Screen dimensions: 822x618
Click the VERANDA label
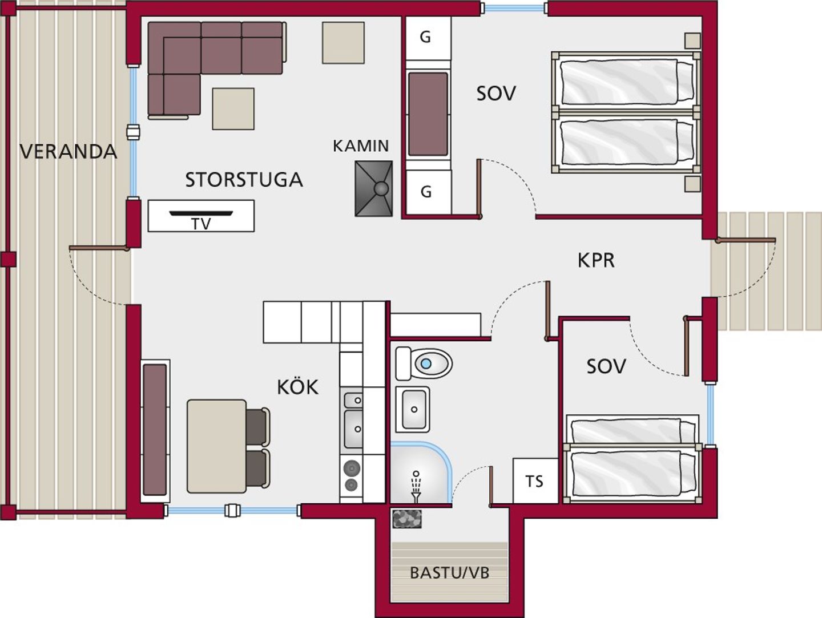click(68, 152)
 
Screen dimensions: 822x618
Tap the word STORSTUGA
click(244, 180)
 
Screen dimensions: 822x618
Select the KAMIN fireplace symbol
click(374, 189)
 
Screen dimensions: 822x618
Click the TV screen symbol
click(201, 213)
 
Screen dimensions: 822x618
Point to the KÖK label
click(298, 387)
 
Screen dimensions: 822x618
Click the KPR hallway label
click(596, 260)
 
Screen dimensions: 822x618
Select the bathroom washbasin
click(413, 410)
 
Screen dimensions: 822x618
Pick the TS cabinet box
click(535, 480)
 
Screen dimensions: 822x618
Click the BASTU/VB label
click(449, 573)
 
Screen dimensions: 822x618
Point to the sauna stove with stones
click(407, 519)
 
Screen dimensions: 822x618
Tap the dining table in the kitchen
click(216, 446)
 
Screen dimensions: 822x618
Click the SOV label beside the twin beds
click(496, 93)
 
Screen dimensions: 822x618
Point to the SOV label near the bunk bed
click(606, 366)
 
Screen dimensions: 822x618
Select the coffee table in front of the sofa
click(233, 109)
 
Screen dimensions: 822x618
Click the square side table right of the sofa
click(344, 43)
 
